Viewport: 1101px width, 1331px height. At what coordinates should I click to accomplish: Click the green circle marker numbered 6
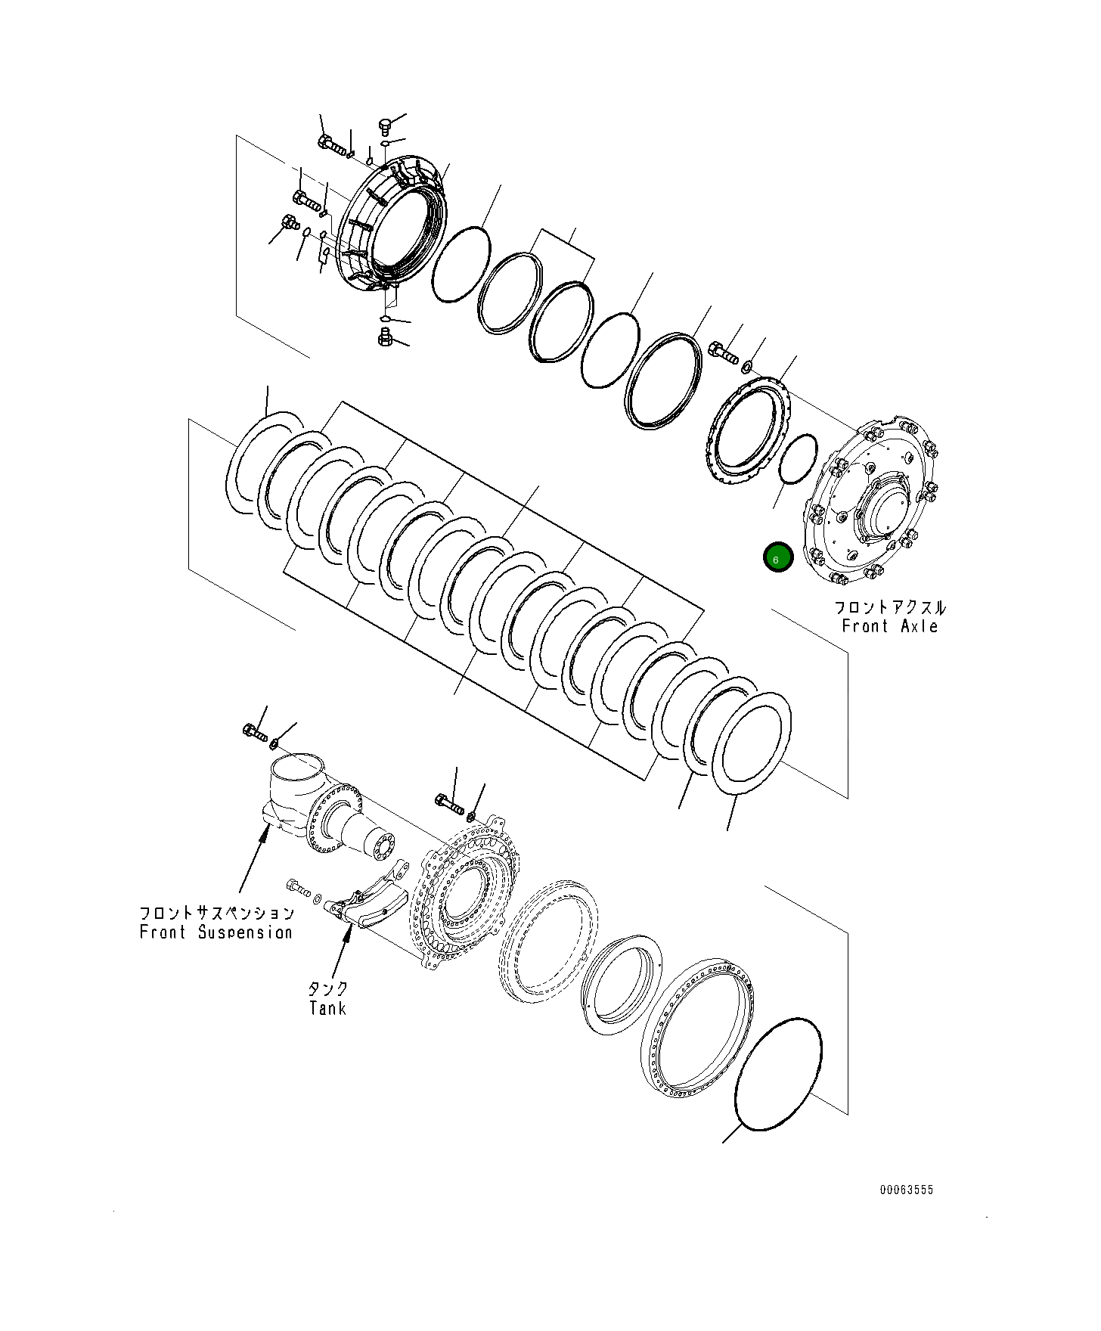point(777,558)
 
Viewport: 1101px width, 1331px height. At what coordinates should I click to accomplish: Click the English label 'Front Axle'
point(889,626)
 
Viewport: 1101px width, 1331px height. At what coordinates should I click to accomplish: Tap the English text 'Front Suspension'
point(216,932)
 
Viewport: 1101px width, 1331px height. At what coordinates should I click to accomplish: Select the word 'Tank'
point(327,1008)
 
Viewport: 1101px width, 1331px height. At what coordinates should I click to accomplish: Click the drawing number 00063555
point(906,1190)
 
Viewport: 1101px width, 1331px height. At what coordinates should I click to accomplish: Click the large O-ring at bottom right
point(778,1074)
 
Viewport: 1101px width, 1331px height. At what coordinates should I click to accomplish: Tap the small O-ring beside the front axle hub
point(797,458)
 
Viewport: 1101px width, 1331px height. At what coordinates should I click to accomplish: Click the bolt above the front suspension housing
point(254,731)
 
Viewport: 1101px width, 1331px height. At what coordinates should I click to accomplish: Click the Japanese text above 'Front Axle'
point(889,607)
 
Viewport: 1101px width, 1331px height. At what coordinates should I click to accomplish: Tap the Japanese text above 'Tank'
point(327,988)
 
